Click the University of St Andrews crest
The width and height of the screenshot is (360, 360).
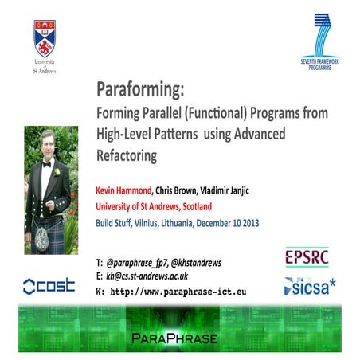tap(45, 37)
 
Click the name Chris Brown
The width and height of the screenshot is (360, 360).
tap(189, 192)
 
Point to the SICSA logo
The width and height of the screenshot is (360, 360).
tap(310, 285)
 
